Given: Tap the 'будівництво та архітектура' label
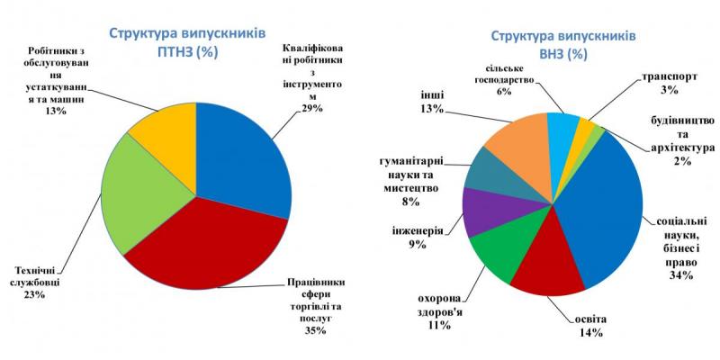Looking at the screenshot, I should [681, 140].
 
